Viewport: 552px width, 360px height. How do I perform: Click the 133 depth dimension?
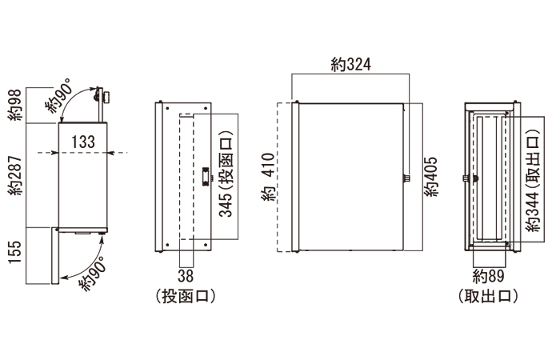pos(83,142)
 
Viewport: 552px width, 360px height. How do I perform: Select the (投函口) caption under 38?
pos(186,296)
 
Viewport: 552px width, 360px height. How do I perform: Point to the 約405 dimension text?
pos(432,177)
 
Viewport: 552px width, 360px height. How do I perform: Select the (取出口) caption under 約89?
pos(489,296)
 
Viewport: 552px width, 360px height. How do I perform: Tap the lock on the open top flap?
pos(103,96)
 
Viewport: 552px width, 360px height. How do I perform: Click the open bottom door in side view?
pos(55,256)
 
